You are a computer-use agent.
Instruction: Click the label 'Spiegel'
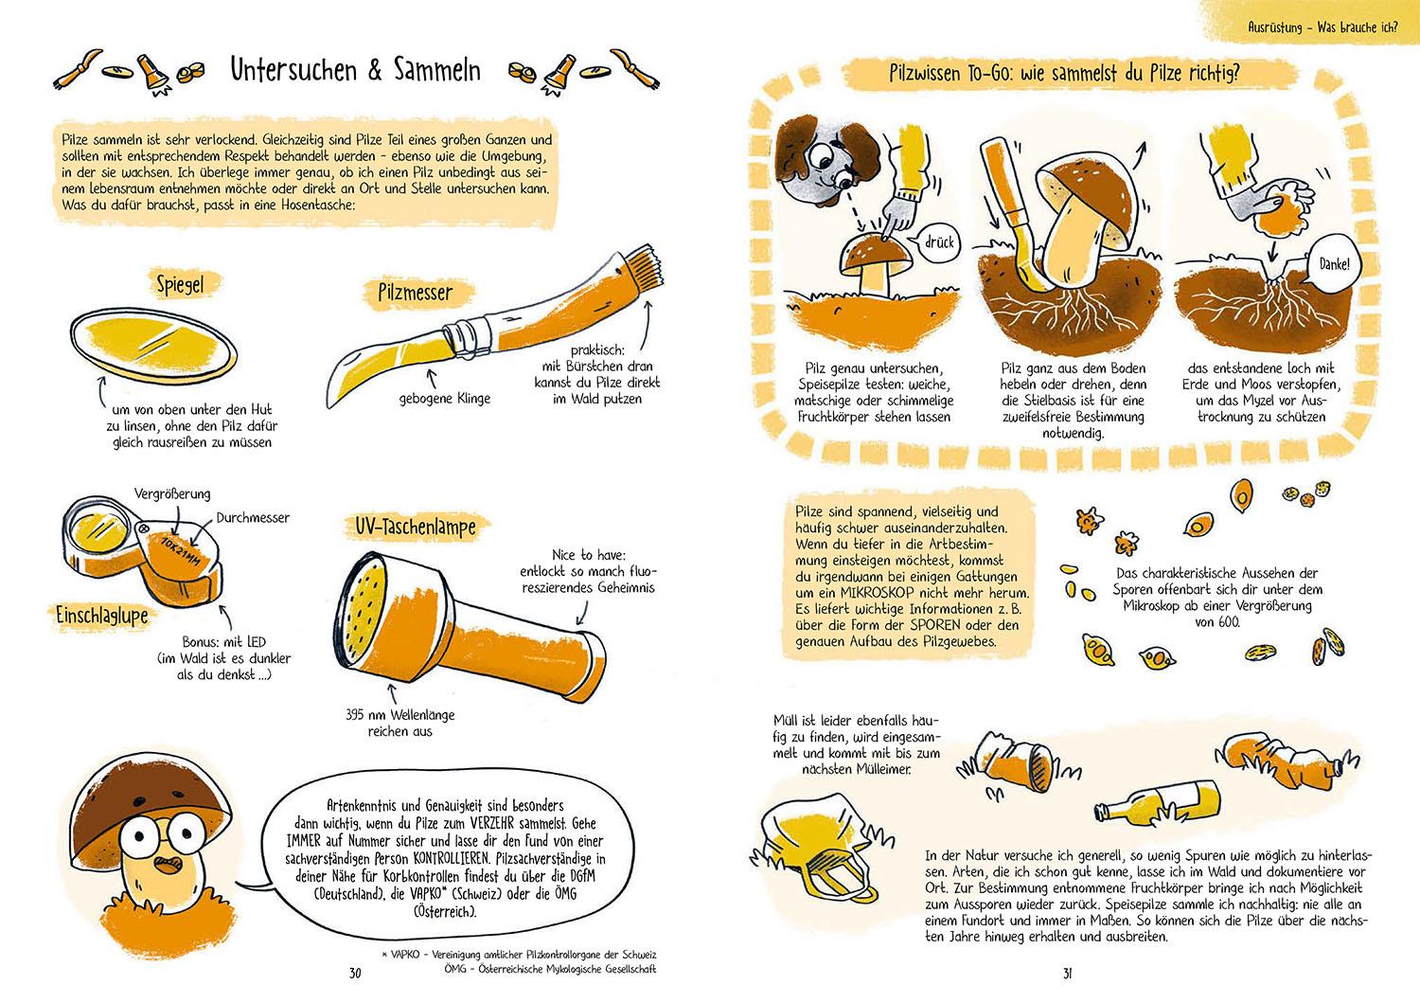[180, 284]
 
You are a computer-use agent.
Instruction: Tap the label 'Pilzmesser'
[416, 293]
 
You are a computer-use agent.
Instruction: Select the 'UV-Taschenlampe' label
[416, 527]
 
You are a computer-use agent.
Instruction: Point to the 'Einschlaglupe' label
[102, 616]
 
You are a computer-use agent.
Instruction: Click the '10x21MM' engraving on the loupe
[180, 551]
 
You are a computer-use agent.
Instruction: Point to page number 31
[1068, 974]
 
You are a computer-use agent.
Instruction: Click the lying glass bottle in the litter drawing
[1158, 802]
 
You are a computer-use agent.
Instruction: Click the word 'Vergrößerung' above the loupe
[172, 493]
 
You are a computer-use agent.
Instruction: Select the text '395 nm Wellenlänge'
[400, 715]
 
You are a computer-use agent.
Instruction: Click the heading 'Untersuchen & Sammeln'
[355, 70]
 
